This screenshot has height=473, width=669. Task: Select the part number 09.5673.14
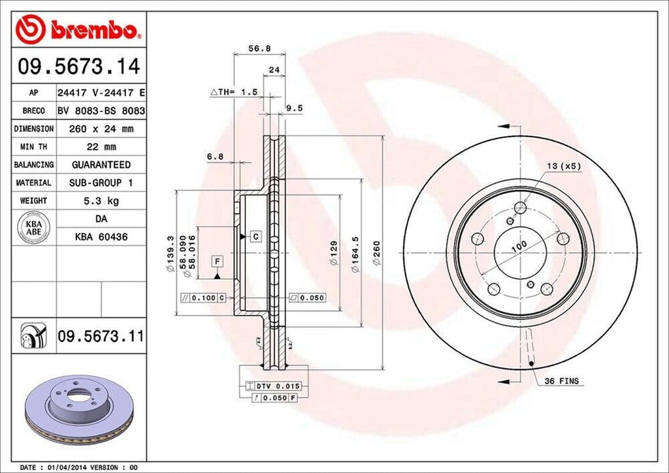78,67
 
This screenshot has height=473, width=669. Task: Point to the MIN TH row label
33,147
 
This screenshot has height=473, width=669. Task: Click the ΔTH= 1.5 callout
233,93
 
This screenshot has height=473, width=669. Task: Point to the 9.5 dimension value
294,109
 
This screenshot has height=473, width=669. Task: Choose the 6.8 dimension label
215,157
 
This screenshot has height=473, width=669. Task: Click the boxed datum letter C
255,235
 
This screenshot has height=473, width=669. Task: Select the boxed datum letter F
216,262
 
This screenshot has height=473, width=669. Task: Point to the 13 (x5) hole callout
563,166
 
